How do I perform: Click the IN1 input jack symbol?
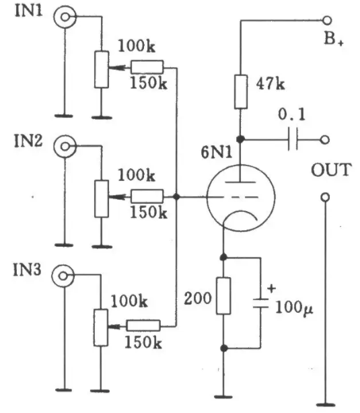tap(65, 17)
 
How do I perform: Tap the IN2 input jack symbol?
tap(65, 147)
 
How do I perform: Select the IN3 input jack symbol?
tap(63, 276)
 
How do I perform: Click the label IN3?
tap(27, 270)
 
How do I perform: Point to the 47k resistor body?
tap(241, 91)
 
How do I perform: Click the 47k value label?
tap(271, 84)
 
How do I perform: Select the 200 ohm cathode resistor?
tap(223, 296)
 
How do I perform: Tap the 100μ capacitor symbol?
tap(260, 303)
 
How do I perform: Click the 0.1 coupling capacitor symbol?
tap(293, 139)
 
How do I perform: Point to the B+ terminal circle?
tap(327, 20)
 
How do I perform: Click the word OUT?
tap(331, 170)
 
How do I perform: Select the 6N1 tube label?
tap(217, 152)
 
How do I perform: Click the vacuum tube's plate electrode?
tap(240, 182)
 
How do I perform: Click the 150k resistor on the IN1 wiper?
tap(147, 67)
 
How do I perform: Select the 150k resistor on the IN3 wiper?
tap(143, 326)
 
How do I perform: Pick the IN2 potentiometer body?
tap(102, 198)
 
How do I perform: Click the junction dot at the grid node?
tap(176, 196)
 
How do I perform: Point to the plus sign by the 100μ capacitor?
tap(271, 289)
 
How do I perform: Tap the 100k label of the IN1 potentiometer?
tap(137, 46)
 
